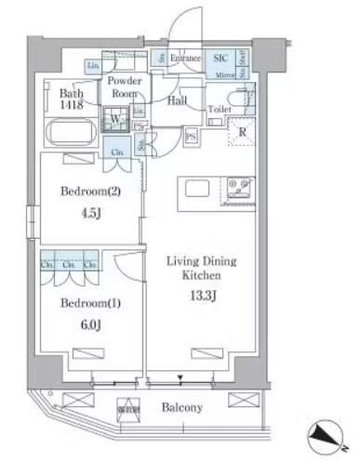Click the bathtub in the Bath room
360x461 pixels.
coord(67,135)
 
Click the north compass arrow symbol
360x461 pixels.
coord(328,432)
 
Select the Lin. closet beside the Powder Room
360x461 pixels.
coord(95,68)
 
